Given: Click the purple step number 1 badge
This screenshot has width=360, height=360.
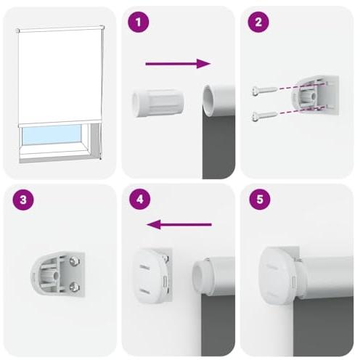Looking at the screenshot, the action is [x=139, y=22].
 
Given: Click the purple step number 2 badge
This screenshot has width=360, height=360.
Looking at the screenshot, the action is [x=258, y=22].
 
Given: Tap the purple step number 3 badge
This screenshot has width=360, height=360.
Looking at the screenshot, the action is [x=23, y=200].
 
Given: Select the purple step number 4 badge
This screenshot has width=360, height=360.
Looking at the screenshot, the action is [x=140, y=200].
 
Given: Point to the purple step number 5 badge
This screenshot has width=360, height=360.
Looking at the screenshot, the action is [x=260, y=200].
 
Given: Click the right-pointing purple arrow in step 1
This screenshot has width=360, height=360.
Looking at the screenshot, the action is [x=178, y=64].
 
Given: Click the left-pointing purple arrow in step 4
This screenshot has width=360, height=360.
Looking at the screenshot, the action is [x=179, y=224].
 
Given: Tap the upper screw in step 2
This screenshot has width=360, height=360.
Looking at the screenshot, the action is [x=265, y=90].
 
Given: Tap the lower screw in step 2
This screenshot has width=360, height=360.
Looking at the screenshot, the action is [x=265, y=115].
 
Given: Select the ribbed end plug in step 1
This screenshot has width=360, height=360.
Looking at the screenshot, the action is [x=157, y=102].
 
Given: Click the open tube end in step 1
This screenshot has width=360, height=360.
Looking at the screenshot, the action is [x=208, y=100].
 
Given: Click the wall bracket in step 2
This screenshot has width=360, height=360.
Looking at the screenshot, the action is [x=314, y=95].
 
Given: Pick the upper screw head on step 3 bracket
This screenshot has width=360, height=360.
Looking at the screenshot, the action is [x=74, y=261].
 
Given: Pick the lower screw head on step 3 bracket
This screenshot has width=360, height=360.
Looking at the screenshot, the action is [x=74, y=287].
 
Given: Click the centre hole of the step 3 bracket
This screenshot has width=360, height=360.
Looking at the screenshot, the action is [x=56, y=275].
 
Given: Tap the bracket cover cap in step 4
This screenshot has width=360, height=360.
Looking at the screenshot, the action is [x=150, y=276].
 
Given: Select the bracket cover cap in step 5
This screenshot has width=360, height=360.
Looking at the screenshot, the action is [x=278, y=276].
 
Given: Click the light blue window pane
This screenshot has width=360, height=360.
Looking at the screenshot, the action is [x=52, y=134].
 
